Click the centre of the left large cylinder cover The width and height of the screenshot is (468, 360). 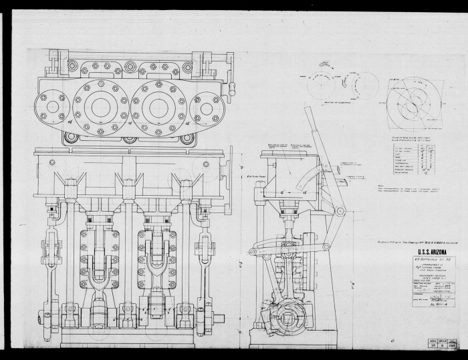point(100,107)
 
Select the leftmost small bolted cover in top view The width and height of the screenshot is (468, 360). point(52,107)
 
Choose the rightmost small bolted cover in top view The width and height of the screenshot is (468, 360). point(207,107)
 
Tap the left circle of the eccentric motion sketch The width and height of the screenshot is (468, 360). point(322,85)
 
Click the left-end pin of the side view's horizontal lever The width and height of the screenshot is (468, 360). point(253,252)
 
